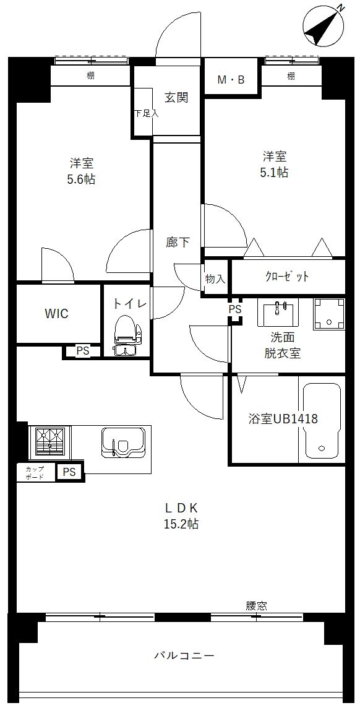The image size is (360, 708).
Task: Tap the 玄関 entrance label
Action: coord(176,97)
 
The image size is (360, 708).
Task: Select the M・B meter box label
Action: coord(231,79)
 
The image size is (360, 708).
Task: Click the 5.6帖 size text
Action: coord(82,179)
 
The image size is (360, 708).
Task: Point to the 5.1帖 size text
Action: coord(275,173)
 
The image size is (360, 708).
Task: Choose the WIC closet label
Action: coord(56,313)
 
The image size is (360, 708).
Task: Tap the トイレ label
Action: coord(129,303)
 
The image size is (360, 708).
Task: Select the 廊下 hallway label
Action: coord(178,242)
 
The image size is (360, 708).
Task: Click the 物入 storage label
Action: coord(215,279)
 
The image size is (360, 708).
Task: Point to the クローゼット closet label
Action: coord(287,277)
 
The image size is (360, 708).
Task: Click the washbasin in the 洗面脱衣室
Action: coord(278,313)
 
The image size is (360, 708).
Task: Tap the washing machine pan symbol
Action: coord(329,314)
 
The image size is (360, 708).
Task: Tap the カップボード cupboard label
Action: coord(35,473)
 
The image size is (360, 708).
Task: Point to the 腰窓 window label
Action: coord(255,606)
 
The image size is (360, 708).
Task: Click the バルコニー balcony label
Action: coord(184,655)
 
